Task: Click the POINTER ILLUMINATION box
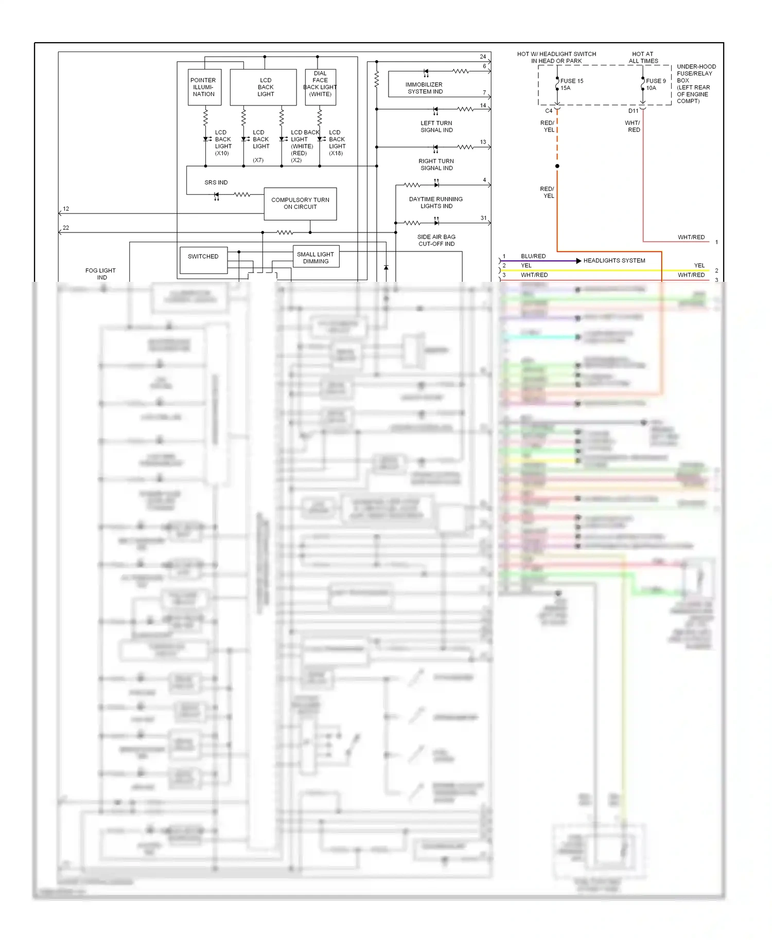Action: point(204,87)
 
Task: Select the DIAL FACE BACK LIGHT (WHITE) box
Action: point(320,87)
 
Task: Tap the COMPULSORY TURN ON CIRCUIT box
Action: point(300,204)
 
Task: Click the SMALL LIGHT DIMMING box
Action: point(315,258)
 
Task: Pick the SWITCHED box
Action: point(203,260)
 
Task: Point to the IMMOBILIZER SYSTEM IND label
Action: point(425,88)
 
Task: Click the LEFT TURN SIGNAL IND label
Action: point(436,126)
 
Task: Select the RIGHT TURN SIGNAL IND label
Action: point(436,165)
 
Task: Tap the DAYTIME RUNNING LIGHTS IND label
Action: point(436,203)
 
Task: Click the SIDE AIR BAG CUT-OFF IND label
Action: point(436,241)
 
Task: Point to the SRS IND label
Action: point(216,183)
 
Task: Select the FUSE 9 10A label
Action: point(655,84)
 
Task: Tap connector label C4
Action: point(549,111)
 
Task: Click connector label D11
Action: point(633,111)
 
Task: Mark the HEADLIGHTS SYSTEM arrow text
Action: point(614,261)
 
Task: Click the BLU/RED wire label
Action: point(533,256)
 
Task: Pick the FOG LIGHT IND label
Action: point(101,274)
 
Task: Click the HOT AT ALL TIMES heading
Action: point(643,57)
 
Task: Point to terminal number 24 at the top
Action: point(483,57)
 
